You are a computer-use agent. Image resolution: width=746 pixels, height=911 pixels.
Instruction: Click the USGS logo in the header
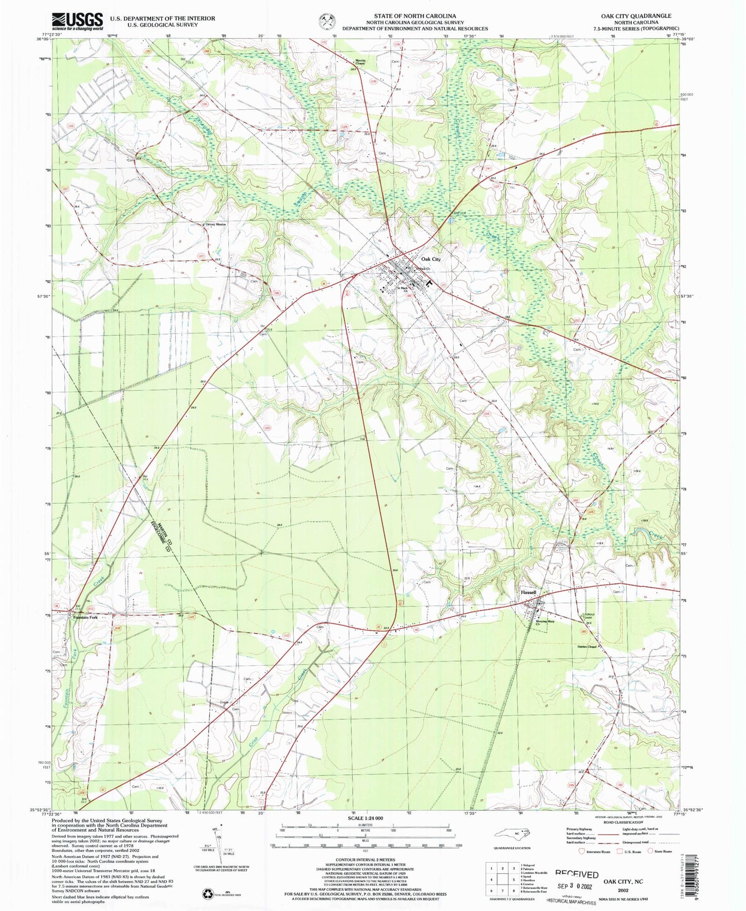pos(77,21)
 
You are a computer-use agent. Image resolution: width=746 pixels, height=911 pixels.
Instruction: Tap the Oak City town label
pos(431,259)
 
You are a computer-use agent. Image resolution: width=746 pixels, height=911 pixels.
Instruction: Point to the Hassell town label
pos(528,593)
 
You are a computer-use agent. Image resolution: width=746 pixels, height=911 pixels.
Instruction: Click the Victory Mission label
pos(216,225)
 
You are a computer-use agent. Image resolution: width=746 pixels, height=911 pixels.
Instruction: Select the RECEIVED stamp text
pos(577,874)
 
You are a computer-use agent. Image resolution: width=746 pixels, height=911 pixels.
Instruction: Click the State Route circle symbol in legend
pos(651,866)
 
